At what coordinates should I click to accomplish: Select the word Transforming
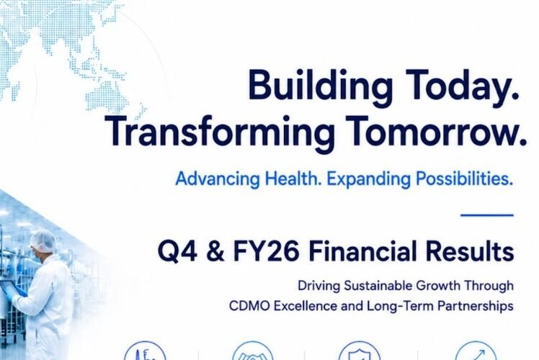coord(220,133)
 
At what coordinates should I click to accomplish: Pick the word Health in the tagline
coord(293,179)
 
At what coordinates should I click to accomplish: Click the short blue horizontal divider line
coord(487,215)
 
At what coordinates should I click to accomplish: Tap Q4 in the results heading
coord(178,252)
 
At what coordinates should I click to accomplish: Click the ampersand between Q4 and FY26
coord(215,252)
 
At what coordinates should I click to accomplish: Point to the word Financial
coord(362,251)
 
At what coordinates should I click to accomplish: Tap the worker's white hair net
coord(43,240)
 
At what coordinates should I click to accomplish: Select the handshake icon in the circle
coord(253,352)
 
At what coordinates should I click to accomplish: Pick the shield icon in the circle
coord(360,352)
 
